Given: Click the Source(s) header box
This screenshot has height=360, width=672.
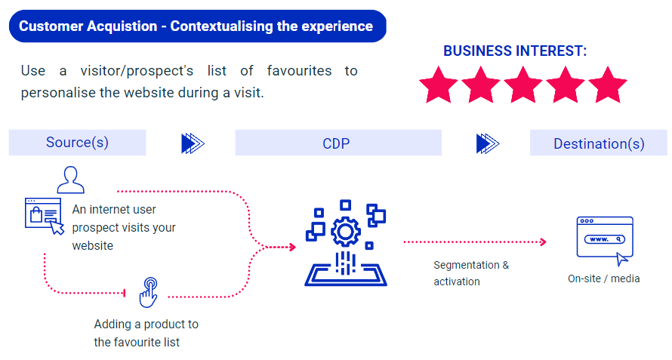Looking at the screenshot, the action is (x=77, y=143).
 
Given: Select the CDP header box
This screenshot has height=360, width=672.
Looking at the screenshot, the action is (x=338, y=143).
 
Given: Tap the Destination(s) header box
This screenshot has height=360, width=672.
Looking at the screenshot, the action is (x=599, y=143).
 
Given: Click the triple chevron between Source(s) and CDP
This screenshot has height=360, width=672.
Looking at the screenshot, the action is (x=193, y=143).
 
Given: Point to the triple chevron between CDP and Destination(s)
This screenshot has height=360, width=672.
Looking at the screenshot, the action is (x=488, y=143).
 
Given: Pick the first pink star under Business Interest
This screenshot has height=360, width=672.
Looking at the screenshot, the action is (x=439, y=85).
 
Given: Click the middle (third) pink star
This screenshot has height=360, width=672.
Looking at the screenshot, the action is (x=522, y=85).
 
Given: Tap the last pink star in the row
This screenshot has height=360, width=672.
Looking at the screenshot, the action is (x=608, y=85).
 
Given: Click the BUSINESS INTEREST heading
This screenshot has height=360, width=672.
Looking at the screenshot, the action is (x=515, y=51).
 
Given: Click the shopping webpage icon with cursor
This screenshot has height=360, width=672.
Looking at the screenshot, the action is (x=44, y=216).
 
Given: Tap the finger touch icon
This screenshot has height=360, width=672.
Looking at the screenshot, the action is (x=149, y=293).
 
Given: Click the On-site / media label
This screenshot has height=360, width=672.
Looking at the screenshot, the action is (x=603, y=278).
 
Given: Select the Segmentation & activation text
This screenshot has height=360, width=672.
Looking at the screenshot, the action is (x=471, y=273).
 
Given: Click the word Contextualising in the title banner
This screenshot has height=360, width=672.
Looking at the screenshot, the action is (x=221, y=26).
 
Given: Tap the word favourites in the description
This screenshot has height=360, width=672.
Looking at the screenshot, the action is (x=299, y=71).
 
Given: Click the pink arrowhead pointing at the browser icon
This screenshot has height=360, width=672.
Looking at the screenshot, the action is (x=544, y=242).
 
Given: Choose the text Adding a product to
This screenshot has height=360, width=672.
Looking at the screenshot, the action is (x=146, y=324).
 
